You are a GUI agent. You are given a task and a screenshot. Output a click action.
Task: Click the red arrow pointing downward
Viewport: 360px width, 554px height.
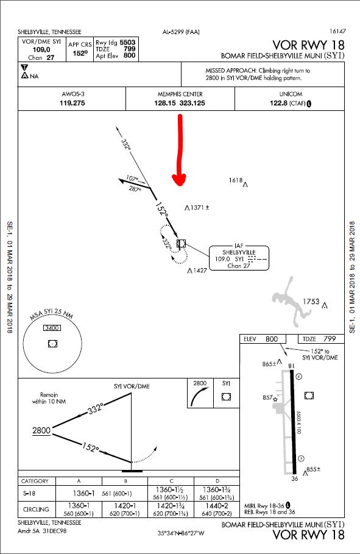point(179,152)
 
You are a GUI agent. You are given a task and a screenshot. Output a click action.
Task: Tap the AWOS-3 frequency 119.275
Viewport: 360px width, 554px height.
point(72,103)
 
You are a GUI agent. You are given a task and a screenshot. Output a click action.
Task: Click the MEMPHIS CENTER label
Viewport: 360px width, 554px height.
point(180,94)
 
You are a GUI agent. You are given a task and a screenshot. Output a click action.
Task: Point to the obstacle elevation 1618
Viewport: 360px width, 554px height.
point(236,180)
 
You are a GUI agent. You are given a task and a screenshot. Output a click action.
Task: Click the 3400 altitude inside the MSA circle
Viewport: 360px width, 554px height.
point(52,328)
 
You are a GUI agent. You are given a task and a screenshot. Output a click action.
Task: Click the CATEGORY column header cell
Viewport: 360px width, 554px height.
point(35,481)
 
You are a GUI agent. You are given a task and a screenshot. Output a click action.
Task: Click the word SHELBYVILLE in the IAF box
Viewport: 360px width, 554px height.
point(238,252)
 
